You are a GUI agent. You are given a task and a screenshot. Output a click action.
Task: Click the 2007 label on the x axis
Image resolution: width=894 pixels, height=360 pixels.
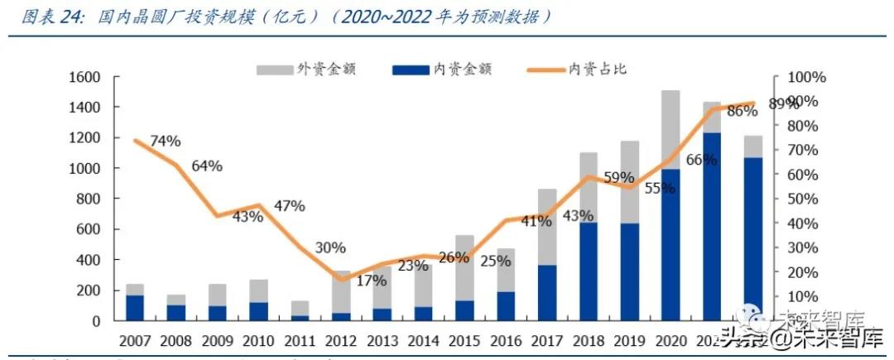click(135, 340)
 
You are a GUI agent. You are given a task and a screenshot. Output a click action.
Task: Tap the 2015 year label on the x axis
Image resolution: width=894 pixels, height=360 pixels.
click(464, 340)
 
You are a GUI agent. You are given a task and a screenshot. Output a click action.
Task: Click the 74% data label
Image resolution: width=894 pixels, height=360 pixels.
click(165, 141)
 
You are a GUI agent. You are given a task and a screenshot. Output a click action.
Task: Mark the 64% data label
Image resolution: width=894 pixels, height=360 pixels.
click(206, 166)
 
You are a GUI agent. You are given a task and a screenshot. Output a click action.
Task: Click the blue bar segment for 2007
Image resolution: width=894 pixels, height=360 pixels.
click(135, 307)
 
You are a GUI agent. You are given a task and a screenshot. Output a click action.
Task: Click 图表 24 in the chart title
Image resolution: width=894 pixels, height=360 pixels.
click(47, 17)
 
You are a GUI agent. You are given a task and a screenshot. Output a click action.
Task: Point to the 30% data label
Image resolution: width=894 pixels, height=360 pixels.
click(330, 247)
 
